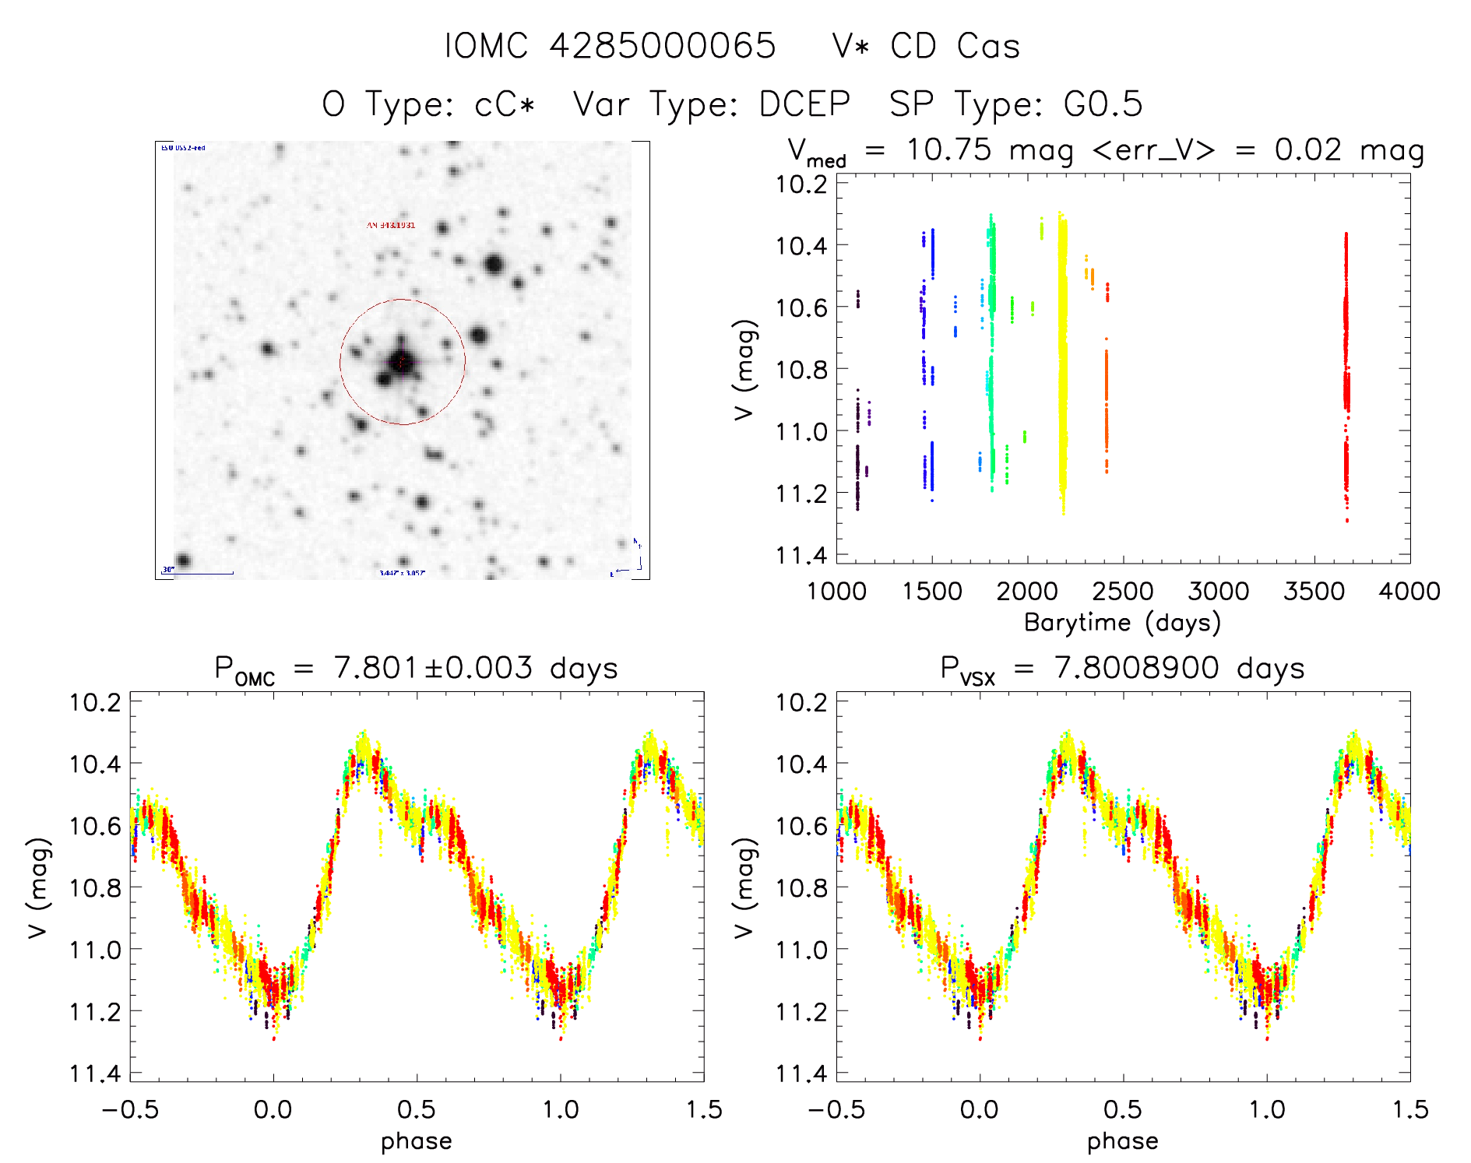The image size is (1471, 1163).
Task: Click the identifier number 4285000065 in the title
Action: tap(663, 46)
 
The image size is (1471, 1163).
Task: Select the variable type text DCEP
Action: tap(804, 104)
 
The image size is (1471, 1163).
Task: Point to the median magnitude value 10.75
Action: tap(948, 149)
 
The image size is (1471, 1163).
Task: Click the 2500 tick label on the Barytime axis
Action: tap(1122, 592)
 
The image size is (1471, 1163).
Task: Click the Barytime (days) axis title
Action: tap(1122, 623)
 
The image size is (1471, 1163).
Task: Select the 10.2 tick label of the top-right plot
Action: tap(801, 184)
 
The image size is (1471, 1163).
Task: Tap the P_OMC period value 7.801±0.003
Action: tap(433, 668)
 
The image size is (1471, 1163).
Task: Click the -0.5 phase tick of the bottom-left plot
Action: tap(130, 1110)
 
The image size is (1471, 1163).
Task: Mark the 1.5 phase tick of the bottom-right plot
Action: tap(1409, 1110)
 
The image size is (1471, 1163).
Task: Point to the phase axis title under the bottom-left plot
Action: tap(417, 1141)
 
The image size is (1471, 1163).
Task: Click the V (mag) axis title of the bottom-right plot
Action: tap(744, 887)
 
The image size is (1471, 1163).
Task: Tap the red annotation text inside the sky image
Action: tap(391, 225)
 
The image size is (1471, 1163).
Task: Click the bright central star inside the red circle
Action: tap(401, 361)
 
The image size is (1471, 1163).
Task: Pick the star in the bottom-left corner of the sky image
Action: tap(183, 560)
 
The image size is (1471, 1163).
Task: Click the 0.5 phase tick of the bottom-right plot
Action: tap(1122, 1110)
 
